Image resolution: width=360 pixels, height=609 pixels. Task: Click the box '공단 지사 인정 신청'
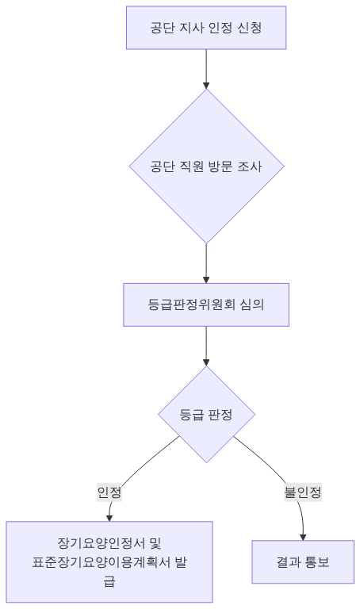pos(206,29)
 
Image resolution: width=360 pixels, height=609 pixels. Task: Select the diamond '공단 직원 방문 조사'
pos(206,167)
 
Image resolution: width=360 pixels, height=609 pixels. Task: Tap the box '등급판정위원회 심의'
pos(206,304)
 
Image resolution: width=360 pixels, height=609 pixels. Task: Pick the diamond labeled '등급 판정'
pos(206,414)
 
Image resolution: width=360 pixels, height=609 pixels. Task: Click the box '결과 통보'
pos(303,562)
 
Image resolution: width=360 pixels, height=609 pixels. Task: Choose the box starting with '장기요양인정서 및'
pos(109,562)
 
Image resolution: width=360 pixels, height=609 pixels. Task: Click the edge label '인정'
pos(109,492)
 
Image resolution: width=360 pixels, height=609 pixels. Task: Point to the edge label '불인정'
pos(303,492)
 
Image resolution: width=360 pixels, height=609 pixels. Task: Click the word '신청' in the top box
pos(249,29)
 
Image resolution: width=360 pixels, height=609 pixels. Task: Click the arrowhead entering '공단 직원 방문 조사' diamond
pos(206,84)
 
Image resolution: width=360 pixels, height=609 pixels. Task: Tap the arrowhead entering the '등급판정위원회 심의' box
pos(206,279)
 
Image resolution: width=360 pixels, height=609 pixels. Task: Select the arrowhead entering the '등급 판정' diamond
pos(206,361)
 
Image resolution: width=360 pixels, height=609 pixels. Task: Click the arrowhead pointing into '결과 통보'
pos(304,535)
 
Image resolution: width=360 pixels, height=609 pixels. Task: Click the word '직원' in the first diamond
pos(189,167)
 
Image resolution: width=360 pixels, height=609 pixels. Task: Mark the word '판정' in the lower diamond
pos(220,414)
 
